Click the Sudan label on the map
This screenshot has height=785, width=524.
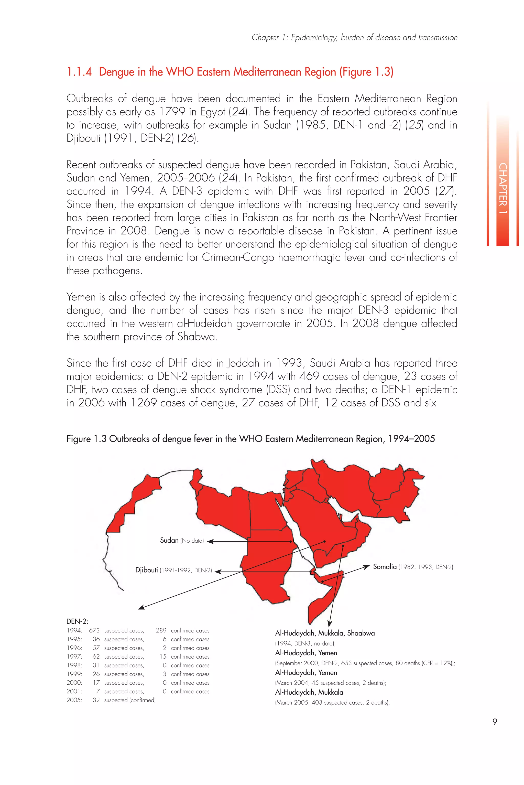(x=169, y=540)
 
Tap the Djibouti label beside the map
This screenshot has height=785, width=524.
(x=146, y=570)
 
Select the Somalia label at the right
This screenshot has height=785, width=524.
(x=385, y=567)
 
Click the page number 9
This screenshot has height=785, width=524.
(x=495, y=722)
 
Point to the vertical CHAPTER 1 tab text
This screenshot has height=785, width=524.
(x=502, y=189)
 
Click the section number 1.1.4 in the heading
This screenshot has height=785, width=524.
(x=79, y=72)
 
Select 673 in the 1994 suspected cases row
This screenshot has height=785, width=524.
(x=94, y=631)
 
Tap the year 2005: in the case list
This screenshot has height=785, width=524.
(x=74, y=700)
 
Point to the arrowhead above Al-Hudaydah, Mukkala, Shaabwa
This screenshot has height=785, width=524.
(x=330, y=624)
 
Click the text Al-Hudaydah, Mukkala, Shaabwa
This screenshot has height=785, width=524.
(x=325, y=633)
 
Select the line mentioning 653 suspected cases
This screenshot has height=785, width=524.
(x=365, y=663)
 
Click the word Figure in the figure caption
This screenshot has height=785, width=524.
(x=79, y=439)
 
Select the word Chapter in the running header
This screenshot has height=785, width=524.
(x=265, y=37)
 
